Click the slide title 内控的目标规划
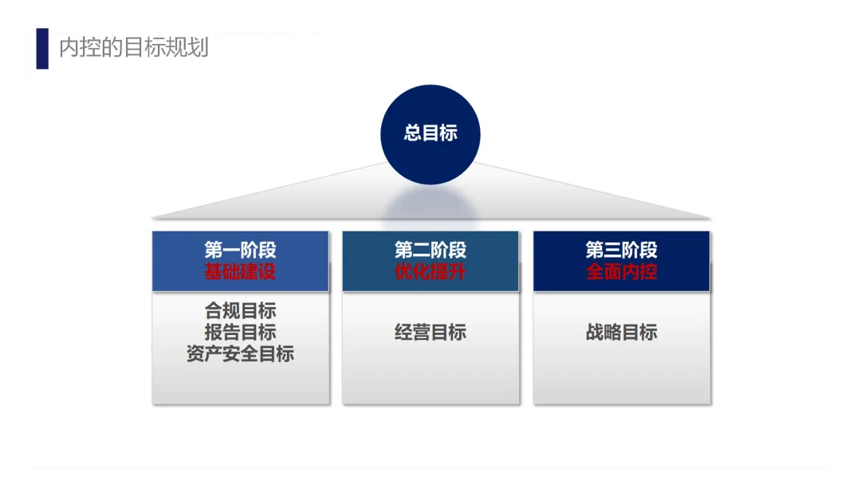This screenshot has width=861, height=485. point(134,48)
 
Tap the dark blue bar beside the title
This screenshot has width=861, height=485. point(42,49)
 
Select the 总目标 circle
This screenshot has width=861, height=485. point(431,134)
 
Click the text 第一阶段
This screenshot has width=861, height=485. point(240,250)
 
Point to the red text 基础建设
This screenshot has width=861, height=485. point(240,271)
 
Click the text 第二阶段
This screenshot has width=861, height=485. point(431,250)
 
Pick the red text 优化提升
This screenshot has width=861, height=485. point(431,271)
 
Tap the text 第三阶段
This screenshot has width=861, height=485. point(622,250)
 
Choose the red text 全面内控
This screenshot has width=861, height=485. point(622,271)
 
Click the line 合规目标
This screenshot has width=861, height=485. point(240,311)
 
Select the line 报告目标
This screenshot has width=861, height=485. point(240,332)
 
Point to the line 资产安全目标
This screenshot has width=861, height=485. point(240,353)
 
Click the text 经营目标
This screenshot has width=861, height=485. point(431,332)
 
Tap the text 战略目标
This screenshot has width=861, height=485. point(622,332)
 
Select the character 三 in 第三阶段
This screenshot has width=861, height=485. point(613,250)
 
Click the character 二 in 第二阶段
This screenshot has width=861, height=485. point(422,250)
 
